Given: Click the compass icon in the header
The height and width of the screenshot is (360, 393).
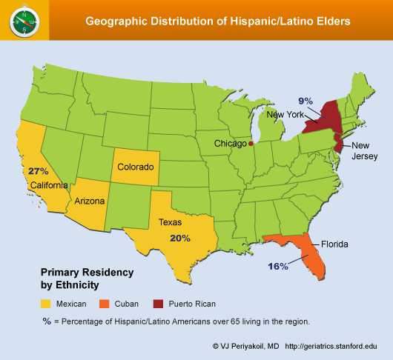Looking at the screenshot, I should click(24, 21).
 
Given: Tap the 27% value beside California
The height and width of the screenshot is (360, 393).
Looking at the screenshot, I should click(39, 171).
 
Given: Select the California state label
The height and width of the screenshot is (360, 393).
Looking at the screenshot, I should click(50, 184).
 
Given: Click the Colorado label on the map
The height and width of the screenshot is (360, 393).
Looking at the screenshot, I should click(136, 167).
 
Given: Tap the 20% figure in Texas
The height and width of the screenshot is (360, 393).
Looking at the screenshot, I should click(180, 239).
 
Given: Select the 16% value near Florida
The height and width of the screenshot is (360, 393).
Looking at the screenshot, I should click(278, 267).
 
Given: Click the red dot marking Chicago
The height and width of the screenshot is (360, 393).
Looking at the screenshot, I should click(251, 144).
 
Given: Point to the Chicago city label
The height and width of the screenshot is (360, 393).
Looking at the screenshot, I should click(230, 143).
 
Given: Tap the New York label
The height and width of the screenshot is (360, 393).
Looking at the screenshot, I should click(285, 115).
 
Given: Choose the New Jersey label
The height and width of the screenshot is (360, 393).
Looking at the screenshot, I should click(364, 150).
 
